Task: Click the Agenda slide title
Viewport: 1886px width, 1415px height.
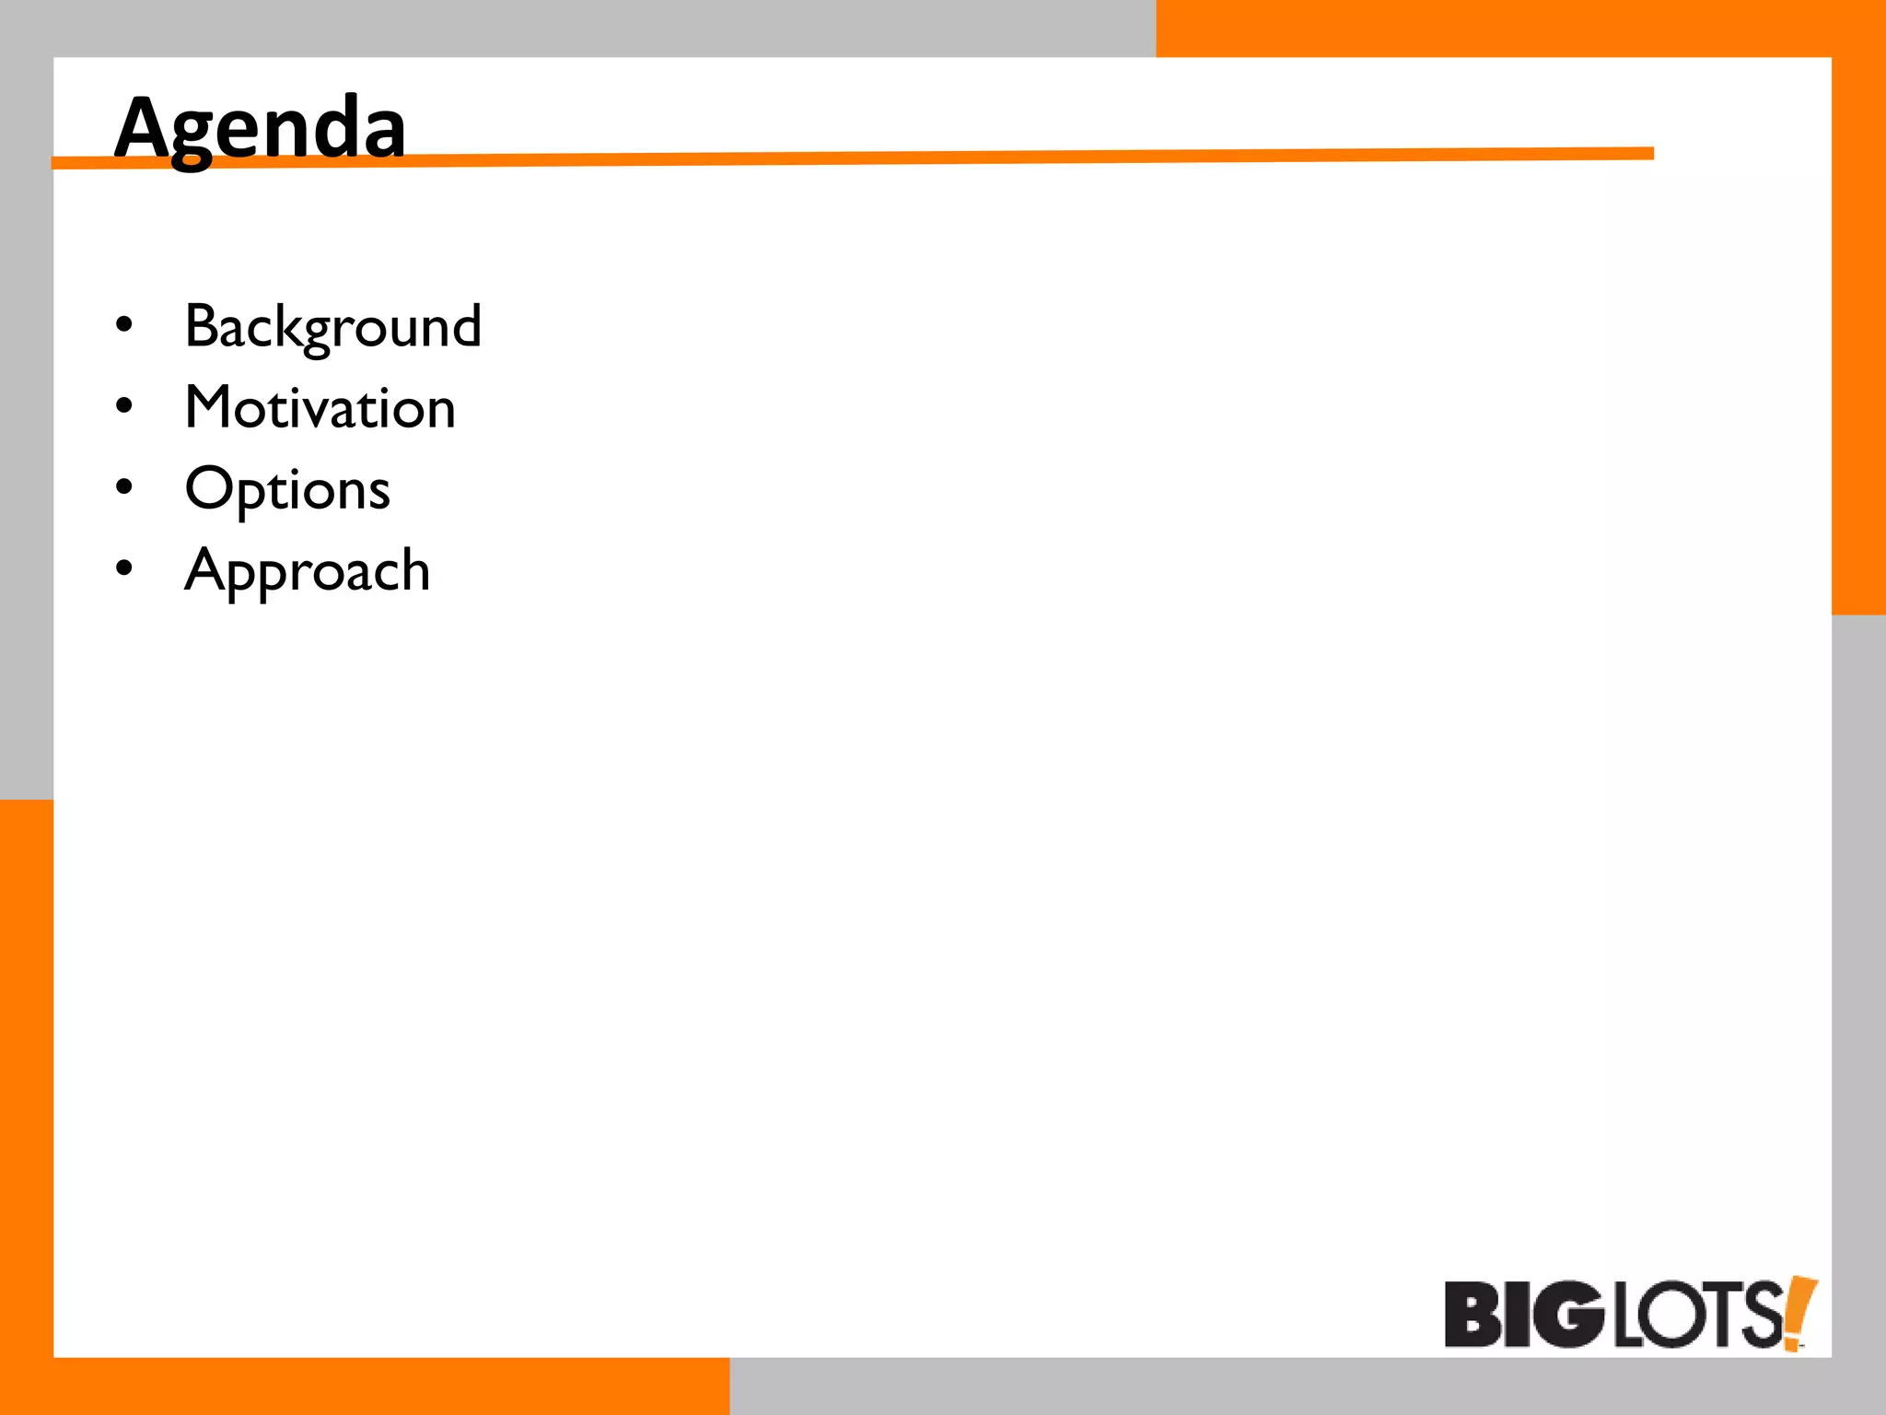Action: coord(260,129)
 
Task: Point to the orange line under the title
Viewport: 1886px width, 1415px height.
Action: coord(921,158)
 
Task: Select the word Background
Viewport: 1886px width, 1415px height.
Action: coord(332,327)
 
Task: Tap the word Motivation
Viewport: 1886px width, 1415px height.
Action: coord(320,407)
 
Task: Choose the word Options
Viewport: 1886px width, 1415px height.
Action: coord(287,489)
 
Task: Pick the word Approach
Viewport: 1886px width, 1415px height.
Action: coord(308,571)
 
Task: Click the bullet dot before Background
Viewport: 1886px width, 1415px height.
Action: coord(124,324)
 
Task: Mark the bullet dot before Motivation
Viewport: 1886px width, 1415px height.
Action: coord(124,405)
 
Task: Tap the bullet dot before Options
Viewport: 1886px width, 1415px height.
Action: coord(124,486)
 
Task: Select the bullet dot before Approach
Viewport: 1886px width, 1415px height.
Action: coord(124,568)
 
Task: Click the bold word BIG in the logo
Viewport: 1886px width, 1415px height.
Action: coord(1524,1314)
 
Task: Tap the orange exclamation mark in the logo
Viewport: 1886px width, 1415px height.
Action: coord(1799,1312)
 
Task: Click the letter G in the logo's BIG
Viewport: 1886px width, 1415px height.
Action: coord(1570,1314)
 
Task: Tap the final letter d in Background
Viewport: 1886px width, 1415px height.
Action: coord(465,326)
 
